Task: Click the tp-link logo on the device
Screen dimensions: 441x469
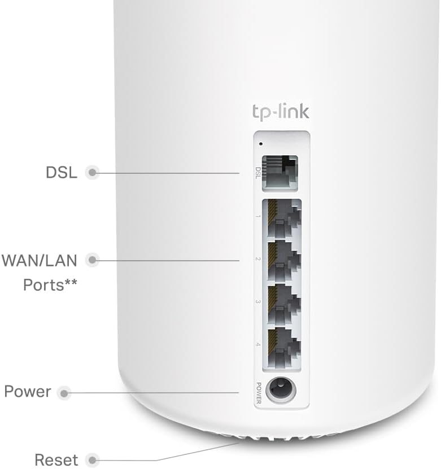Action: [x=280, y=111]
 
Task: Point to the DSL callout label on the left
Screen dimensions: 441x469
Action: [x=61, y=172]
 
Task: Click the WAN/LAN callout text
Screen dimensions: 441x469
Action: [x=40, y=261]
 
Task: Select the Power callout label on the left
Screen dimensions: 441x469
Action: [x=27, y=392]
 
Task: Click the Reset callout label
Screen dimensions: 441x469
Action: [x=56, y=459]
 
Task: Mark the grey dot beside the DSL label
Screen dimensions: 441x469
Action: [x=91, y=173]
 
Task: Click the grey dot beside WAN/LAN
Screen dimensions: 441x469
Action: [x=91, y=260]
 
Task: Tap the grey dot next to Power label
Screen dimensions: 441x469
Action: [x=65, y=392]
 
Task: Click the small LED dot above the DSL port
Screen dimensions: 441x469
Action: [x=260, y=143]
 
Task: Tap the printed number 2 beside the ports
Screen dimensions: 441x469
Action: [x=258, y=259]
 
